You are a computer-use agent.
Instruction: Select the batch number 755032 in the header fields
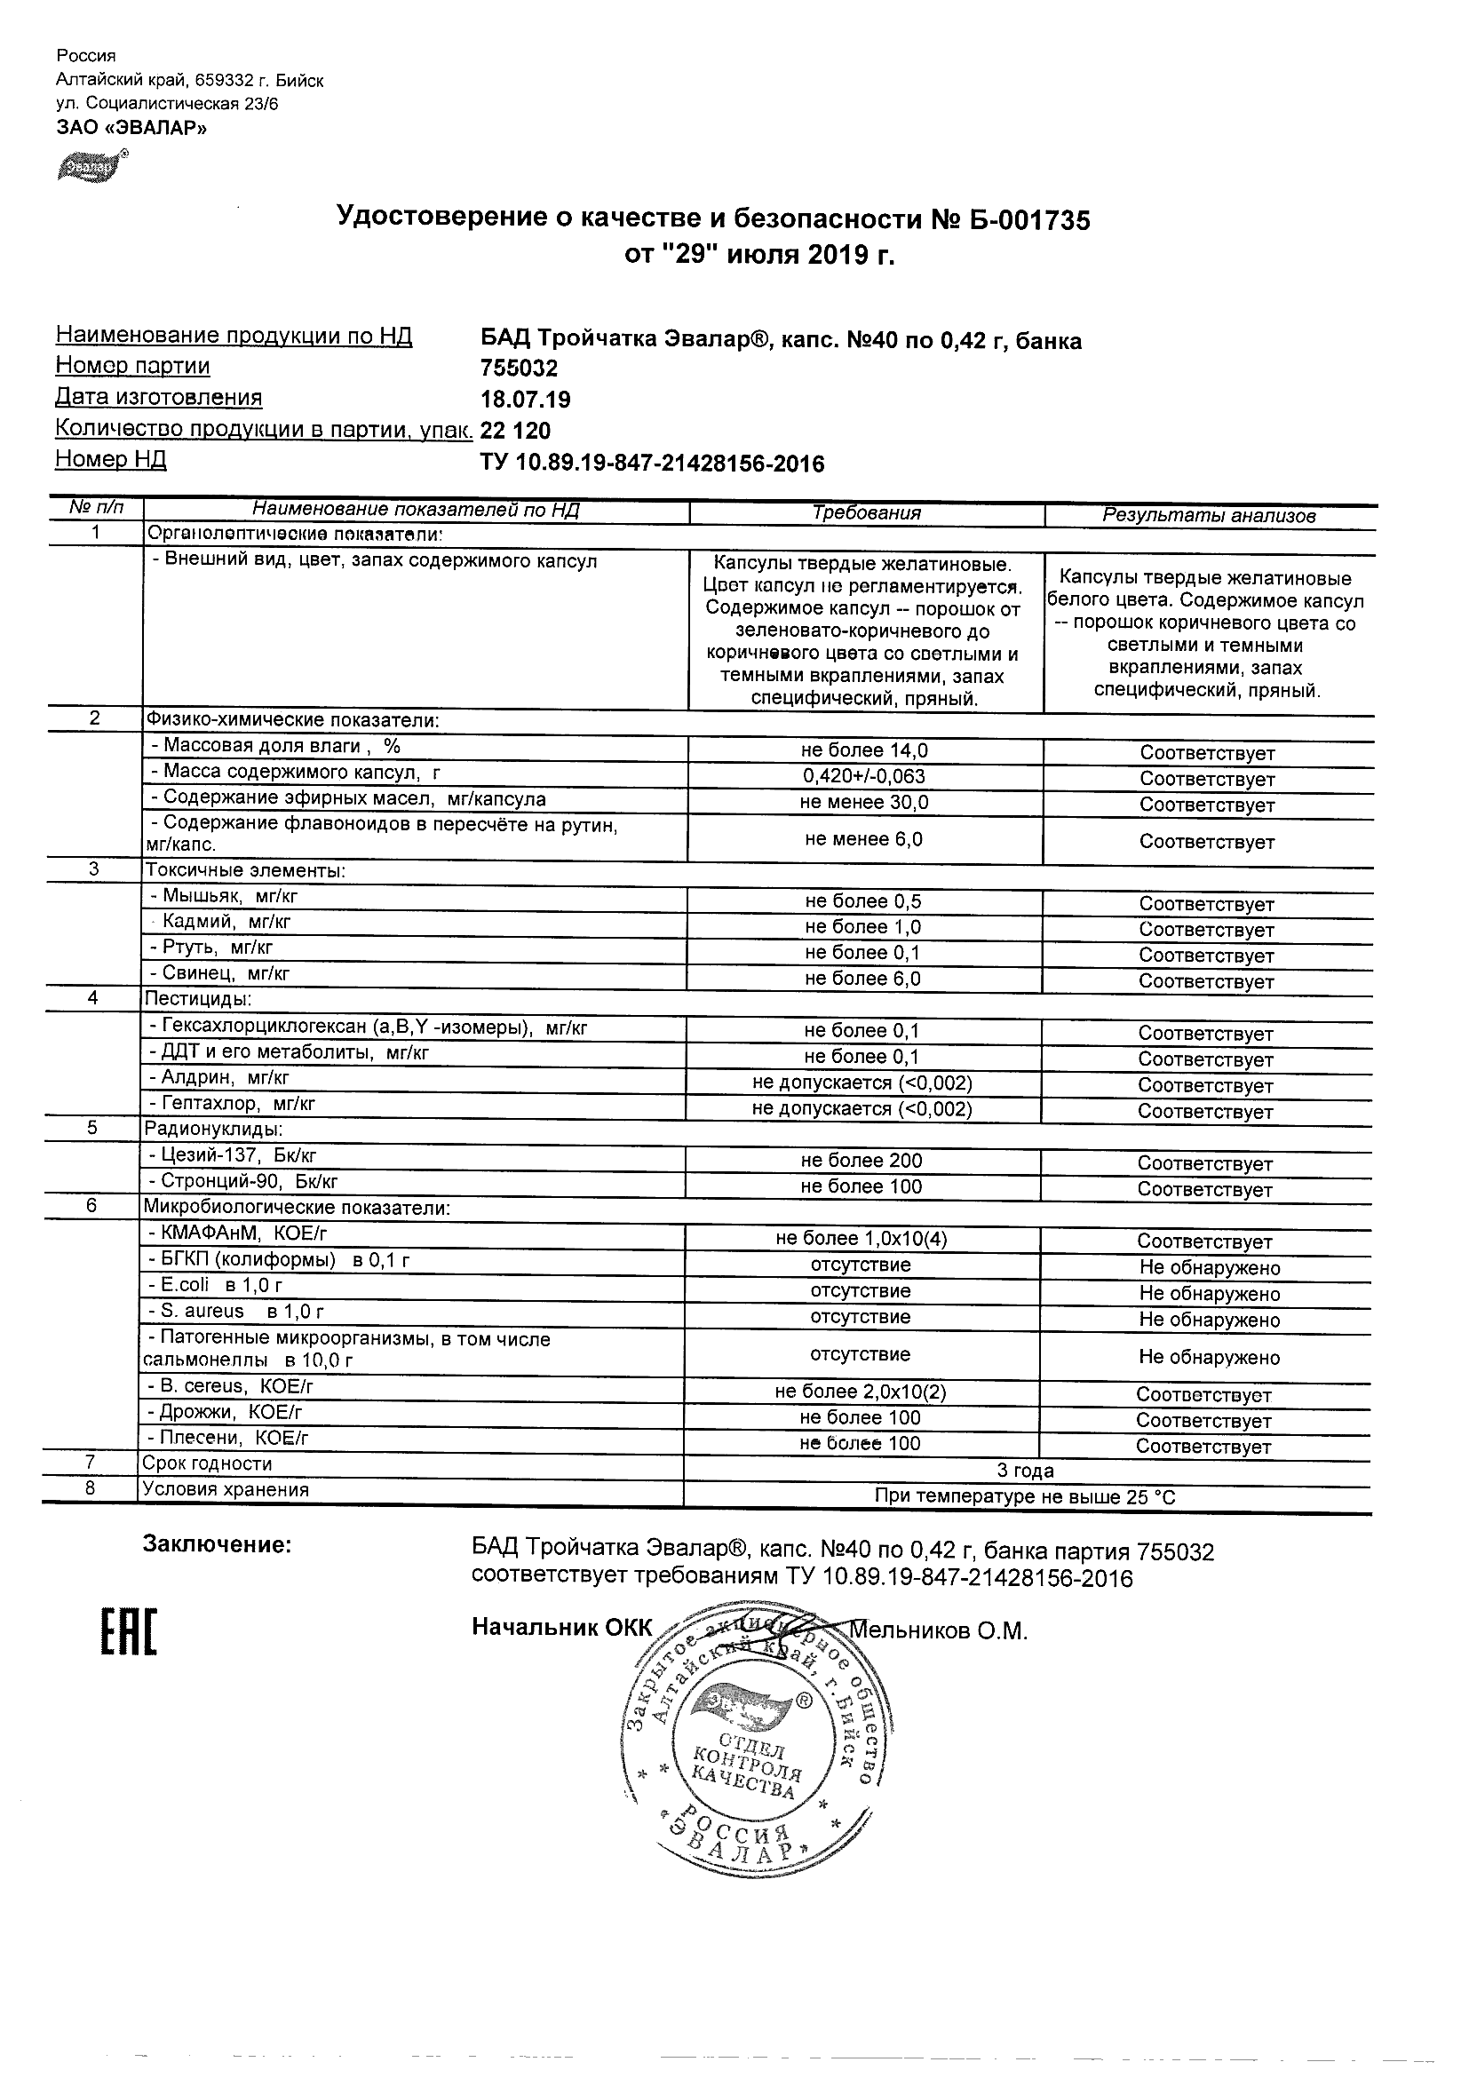tap(519, 369)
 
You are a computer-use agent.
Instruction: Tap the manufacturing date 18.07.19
tap(525, 399)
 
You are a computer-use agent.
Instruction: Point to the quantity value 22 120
tap(515, 430)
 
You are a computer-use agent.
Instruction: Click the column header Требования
tap(866, 513)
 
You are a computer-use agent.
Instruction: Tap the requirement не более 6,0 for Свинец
tap(862, 979)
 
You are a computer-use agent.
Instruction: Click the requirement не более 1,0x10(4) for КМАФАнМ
tap(862, 1238)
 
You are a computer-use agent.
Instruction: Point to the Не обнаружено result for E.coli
tap(1210, 1294)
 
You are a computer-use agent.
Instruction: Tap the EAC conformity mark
tap(128, 1632)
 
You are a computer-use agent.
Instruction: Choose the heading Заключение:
tap(218, 1545)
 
